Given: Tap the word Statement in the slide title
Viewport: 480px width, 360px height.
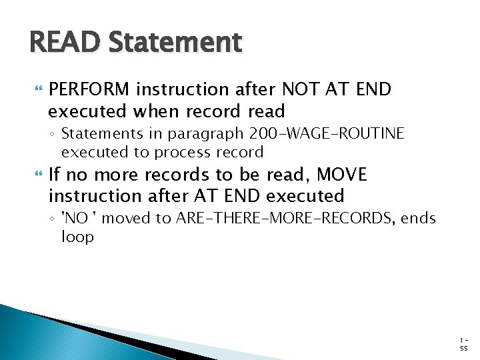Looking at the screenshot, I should tap(175, 43).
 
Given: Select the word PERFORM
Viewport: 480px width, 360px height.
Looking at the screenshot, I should tap(92, 89).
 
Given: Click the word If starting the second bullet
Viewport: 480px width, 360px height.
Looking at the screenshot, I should tap(55, 175).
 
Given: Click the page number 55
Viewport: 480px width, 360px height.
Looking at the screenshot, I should tap(463, 348).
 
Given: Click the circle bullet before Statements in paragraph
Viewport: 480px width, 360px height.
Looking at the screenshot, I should tap(53, 135).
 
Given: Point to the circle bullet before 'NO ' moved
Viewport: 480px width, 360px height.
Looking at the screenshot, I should tap(53, 219).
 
